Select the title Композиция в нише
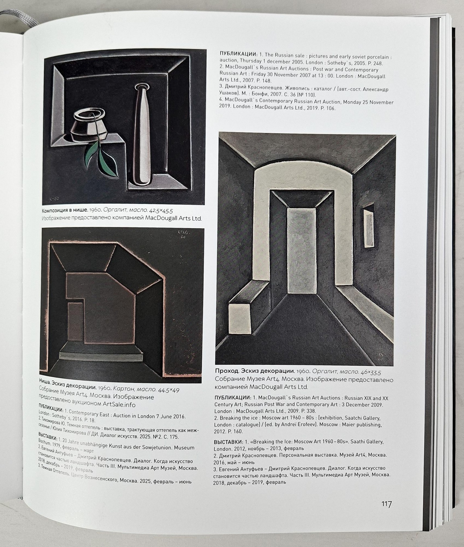(65, 210)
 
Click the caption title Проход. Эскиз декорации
(255, 371)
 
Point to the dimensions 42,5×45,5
(161, 211)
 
